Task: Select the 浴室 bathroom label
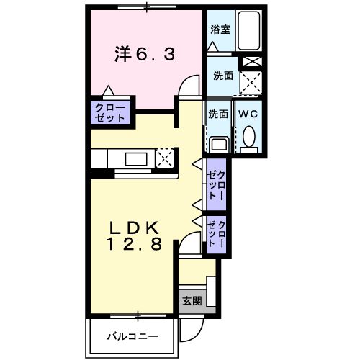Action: click(x=220, y=30)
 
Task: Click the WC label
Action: click(x=248, y=113)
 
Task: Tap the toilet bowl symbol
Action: click(x=249, y=136)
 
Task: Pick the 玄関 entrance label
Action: click(x=191, y=300)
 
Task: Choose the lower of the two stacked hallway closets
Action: click(x=217, y=235)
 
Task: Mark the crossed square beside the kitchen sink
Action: click(x=165, y=158)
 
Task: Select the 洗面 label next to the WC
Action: click(x=218, y=114)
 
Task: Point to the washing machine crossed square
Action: click(x=250, y=84)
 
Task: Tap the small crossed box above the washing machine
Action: click(x=251, y=61)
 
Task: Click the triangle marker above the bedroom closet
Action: click(x=108, y=91)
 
